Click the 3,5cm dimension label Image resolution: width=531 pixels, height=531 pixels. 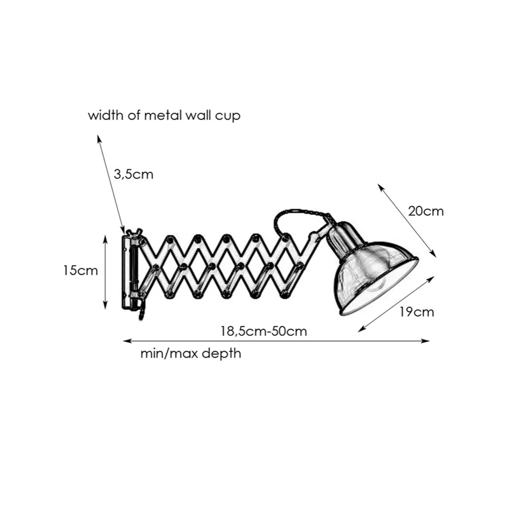[x=133, y=175]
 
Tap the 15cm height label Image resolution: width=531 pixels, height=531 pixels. [x=81, y=270]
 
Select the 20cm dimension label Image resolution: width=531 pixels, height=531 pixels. [x=426, y=212]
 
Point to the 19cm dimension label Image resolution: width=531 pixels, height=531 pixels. [x=417, y=312]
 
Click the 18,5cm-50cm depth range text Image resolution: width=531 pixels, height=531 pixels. [x=263, y=331]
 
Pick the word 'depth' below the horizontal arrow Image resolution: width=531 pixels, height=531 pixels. [x=221, y=354]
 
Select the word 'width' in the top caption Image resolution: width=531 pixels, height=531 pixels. [x=106, y=115]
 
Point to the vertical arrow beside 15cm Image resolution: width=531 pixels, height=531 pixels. [x=105, y=272]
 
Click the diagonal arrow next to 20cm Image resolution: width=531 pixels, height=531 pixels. [x=407, y=220]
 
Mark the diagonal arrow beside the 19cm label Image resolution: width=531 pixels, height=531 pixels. [x=396, y=304]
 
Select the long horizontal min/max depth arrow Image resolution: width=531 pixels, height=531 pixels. [x=277, y=341]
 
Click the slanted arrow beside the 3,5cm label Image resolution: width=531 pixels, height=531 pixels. [x=111, y=184]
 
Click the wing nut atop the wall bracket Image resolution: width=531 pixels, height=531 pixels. [x=133, y=232]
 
